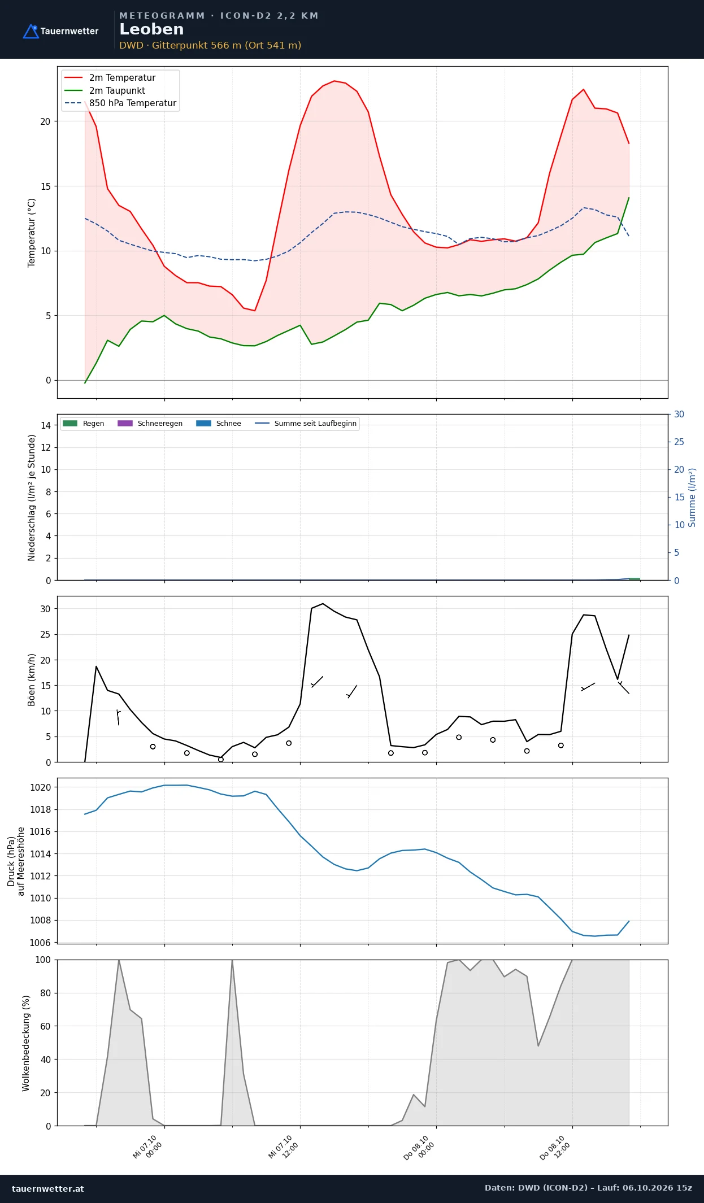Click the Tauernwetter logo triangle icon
(x=31, y=31)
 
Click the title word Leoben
(x=151, y=29)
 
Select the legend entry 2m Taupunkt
(x=105, y=90)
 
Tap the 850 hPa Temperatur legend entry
(x=120, y=103)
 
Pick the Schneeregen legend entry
(x=150, y=424)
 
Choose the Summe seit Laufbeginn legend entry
(x=306, y=424)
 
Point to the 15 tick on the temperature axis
(x=45, y=186)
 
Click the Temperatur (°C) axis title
(x=32, y=233)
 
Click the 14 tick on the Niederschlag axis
(x=45, y=425)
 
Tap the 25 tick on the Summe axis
(x=679, y=442)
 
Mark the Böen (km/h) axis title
(x=32, y=680)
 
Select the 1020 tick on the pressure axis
(x=40, y=787)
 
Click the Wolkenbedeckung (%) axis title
(x=26, y=1043)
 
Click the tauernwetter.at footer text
(x=48, y=1188)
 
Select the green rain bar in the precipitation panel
(x=635, y=579)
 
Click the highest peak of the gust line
(x=323, y=604)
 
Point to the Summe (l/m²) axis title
(x=692, y=498)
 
